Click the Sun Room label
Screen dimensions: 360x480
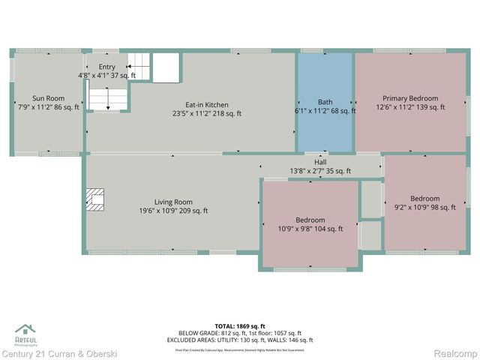pyautogui.click(x=48, y=98)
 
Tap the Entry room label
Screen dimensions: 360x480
pyautogui.click(x=107, y=67)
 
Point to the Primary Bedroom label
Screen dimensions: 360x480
pyautogui.click(x=410, y=98)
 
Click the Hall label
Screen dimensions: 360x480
pyautogui.click(x=320, y=162)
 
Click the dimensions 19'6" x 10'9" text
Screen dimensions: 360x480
pyautogui.click(x=173, y=211)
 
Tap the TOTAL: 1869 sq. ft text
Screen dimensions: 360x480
pyautogui.click(x=239, y=325)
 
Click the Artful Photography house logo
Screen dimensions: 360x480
pyautogui.click(x=25, y=329)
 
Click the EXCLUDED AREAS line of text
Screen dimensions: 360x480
pyautogui.click(x=239, y=340)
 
